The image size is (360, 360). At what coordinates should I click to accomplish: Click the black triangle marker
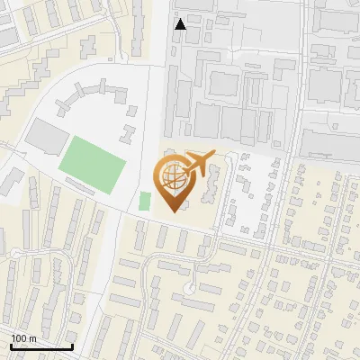181,24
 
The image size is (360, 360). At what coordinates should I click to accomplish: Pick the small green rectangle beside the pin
145,201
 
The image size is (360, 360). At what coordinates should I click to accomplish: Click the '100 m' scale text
23,337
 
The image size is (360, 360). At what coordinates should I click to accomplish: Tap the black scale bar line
41,346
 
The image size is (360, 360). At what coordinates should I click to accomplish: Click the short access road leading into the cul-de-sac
191,274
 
